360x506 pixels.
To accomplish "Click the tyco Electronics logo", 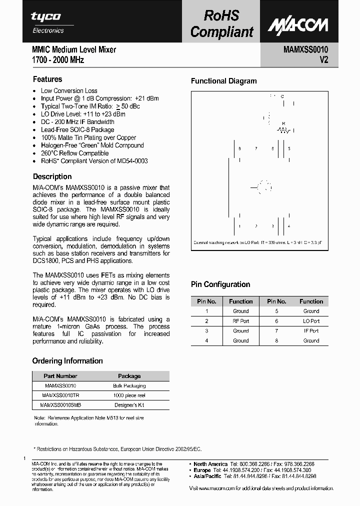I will tap(47, 22).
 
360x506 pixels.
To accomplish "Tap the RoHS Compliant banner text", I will tap(222, 23).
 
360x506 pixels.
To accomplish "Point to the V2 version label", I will tap(323, 60).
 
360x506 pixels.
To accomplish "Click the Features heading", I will tap(47, 79).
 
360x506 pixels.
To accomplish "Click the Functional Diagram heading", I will tap(224, 81).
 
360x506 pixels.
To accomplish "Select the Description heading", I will tap(52, 176).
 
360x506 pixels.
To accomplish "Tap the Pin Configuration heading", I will tap(220, 284).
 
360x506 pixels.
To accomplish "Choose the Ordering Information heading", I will tap(67, 361).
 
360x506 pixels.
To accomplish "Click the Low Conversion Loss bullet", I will tap(69, 90).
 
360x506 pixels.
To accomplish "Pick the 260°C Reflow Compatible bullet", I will tap(74, 153).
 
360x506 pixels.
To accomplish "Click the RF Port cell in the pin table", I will tap(240, 321).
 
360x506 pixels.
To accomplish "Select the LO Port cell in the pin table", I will tap(311, 321).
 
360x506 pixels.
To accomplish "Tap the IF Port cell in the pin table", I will tap(311, 330).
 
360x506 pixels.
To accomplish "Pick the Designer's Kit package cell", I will tap(129, 404).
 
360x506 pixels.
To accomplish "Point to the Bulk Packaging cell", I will tap(129, 385).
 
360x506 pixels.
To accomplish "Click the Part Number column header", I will tap(60, 376).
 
